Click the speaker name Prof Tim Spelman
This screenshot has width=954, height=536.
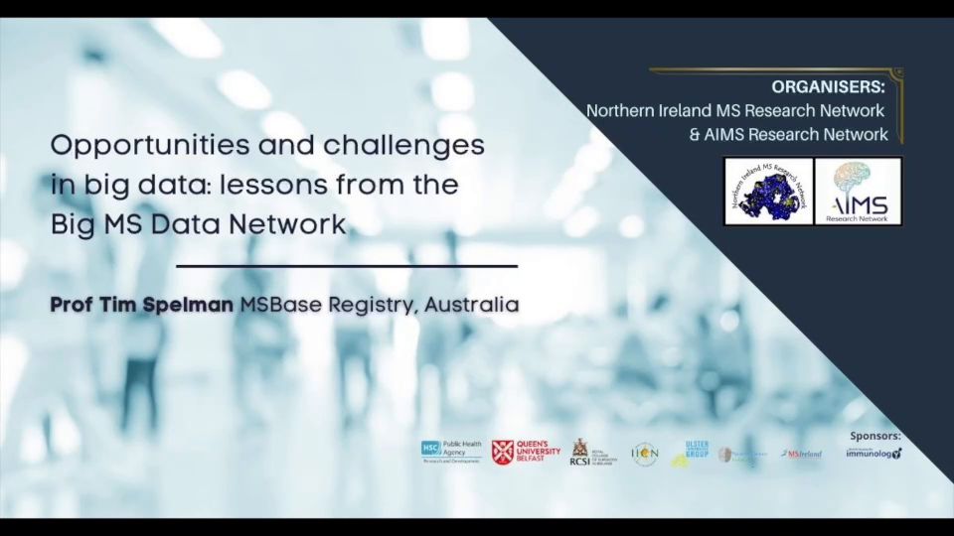(142, 305)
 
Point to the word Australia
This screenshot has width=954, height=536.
(471, 305)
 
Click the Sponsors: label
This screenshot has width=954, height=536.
(874, 436)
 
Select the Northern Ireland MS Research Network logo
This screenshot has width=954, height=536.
(768, 191)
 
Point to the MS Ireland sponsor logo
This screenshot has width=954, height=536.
(802, 454)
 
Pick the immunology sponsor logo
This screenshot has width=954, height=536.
(874, 454)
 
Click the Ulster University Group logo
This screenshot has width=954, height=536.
(692, 453)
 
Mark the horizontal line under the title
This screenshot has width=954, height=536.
(346, 266)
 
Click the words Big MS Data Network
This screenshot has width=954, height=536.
(198, 224)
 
